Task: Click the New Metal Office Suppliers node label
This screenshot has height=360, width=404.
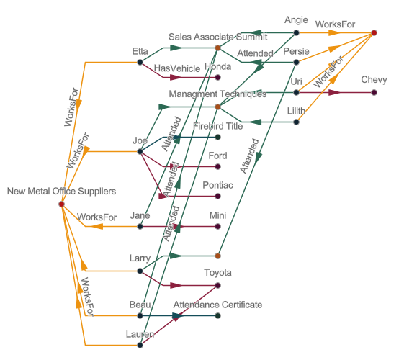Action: (x=61, y=191)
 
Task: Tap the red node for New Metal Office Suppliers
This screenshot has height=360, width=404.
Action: (x=61, y=204)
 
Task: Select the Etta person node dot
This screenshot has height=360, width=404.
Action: (x=140, y=63)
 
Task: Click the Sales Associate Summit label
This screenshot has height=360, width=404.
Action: (x=217, y=36)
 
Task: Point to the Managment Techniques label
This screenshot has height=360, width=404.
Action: (x=217, y=94)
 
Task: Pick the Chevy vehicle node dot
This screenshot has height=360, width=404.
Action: (x=374, y=92)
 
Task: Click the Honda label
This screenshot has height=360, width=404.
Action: (x=217, y=66)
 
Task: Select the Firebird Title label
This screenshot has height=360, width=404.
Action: (x=217, y=125)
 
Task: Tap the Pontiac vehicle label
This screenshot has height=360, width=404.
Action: (x=217, y=185)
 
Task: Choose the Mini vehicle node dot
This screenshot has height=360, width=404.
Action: (x=217, y=227)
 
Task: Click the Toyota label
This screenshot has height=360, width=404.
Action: (x=217, y=273)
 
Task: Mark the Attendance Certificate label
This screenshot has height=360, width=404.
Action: (x=217, y=305)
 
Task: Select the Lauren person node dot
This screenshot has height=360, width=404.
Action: (x=140, y=346)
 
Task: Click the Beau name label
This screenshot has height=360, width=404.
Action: (x=140, y=305)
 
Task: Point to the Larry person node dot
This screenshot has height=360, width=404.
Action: (x=140, y=271)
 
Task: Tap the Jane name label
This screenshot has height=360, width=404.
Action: (x=140, y=215)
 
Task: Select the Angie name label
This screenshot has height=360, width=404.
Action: (x=296, y=19)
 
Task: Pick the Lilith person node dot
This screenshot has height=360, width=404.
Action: (x=296, y=122)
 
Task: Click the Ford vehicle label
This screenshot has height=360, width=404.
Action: (x=217, y=156)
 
